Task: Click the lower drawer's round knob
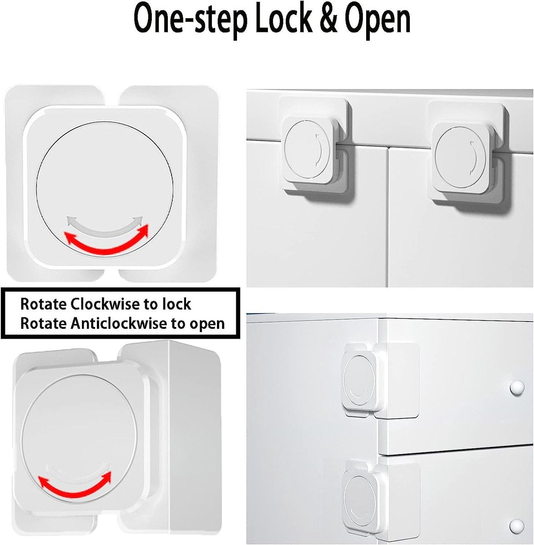click(x=516, y=526)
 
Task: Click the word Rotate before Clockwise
click(x=43, y=304)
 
